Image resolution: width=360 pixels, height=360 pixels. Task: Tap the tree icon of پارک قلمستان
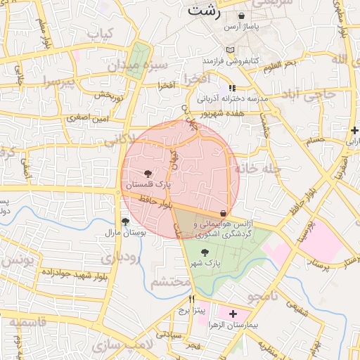tap(148, 173)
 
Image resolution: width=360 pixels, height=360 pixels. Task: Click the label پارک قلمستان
tap(148, 184)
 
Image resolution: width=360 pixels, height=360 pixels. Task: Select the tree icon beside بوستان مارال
tap(125, 221)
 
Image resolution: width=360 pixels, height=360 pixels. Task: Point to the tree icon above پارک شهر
tap(205, 252)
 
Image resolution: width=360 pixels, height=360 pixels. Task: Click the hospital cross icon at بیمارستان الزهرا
tap(233, 313)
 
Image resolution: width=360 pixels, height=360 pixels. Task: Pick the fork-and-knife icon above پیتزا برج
tap(182, 298)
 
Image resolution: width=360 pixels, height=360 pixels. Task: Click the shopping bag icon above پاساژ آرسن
tap(242, 15)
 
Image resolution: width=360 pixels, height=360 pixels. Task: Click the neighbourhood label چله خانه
tap(258, 169)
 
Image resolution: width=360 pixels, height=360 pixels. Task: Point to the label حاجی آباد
tap(309, 93)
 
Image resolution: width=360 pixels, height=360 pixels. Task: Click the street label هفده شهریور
tap(224, 112)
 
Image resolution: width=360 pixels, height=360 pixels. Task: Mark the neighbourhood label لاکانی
tap(116, 139)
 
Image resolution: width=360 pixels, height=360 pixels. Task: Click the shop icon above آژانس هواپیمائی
tap(224, 213)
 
